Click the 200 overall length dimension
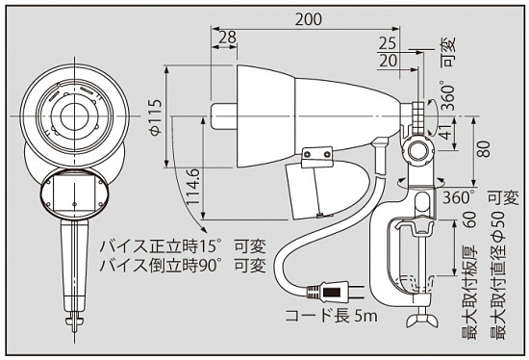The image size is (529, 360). click(310, 18)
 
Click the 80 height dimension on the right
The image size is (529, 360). click(485, 149)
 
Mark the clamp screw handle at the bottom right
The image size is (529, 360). click(419, 319)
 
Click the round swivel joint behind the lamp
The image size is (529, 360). click(416, 152)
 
